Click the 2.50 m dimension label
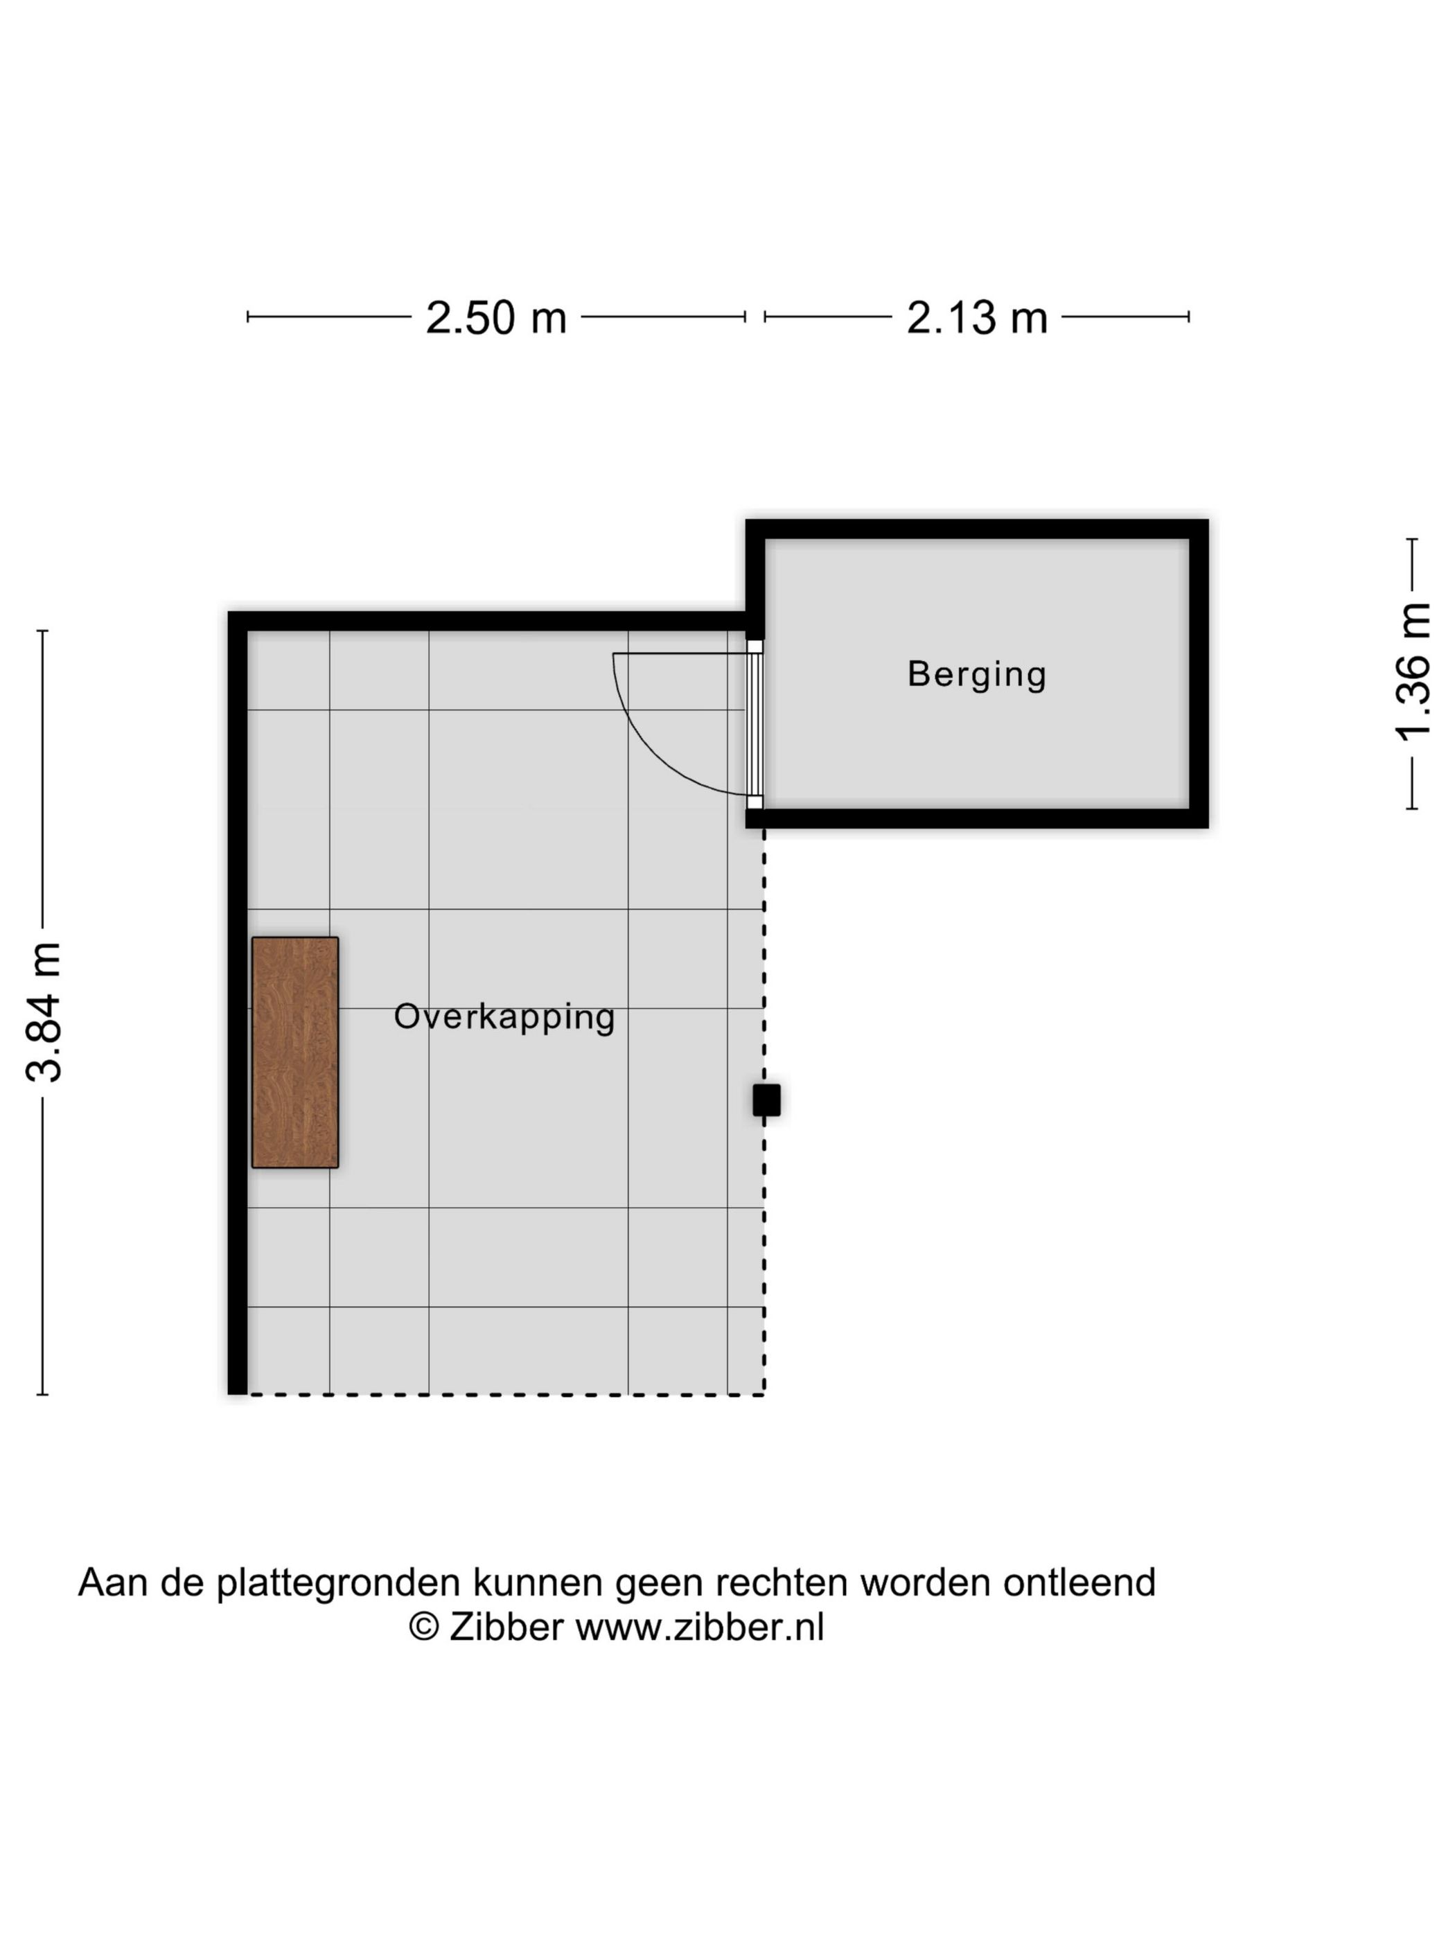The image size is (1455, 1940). pyautogui.click(x=495, y=317)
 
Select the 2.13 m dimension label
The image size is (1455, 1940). pyautogui.click(x=976, y=317)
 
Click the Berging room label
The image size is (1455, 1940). pyautogui.click(x=976, y=673)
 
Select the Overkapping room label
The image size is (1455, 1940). pyautogui.click(x=504, y=1016)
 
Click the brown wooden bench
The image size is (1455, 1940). pyautogui.click(x=294, y=1052)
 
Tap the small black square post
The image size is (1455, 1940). pyautogui.click(x=766, y=1100)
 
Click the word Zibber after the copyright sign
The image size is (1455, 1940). pyautogui.click(x=506, y=1627)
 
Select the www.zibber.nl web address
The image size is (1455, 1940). pyautogui.click(x=699, y=1627)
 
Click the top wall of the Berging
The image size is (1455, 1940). pyautogui.click(x=976, y=529)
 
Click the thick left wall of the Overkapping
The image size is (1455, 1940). pyautogui.click(x=237, y=1009)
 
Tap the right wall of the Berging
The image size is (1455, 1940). pyautogui.click(x=1198, y=673)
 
